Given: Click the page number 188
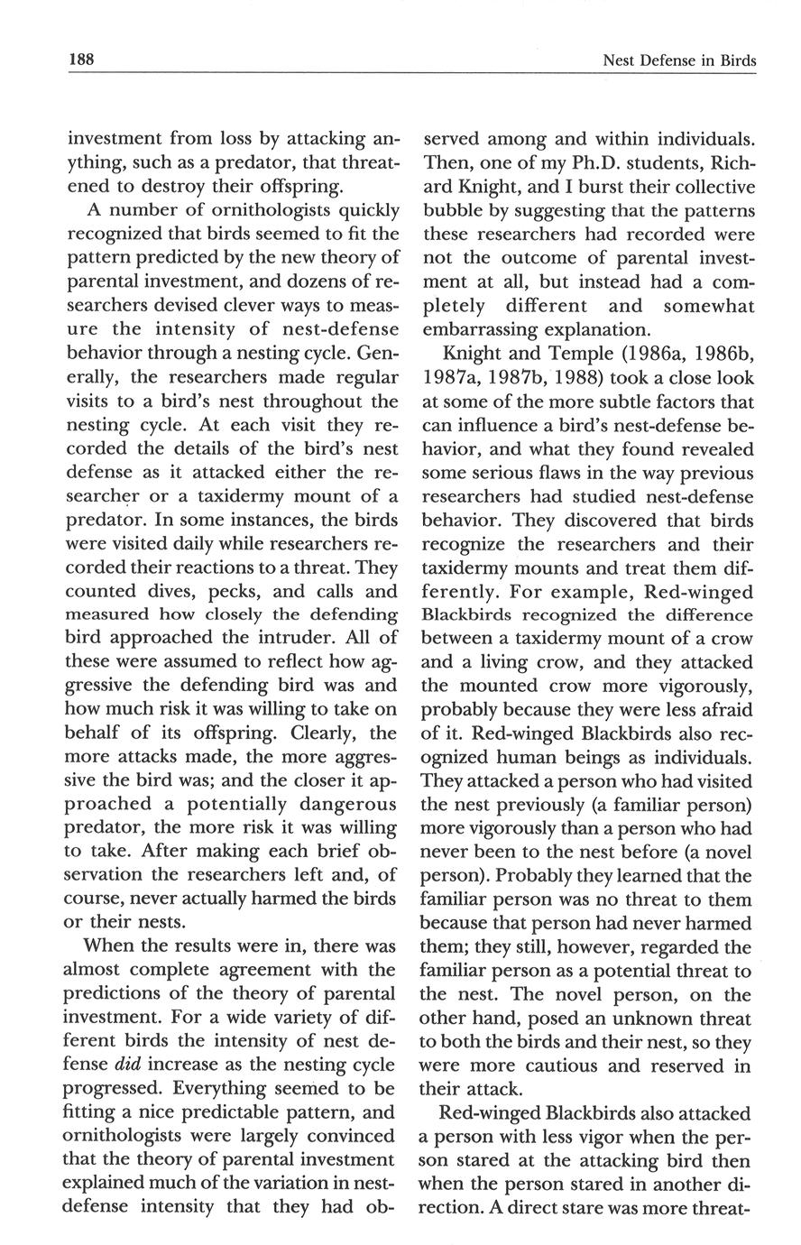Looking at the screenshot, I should pos(81,60).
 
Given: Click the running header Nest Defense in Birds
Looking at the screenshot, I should pos(677,61).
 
